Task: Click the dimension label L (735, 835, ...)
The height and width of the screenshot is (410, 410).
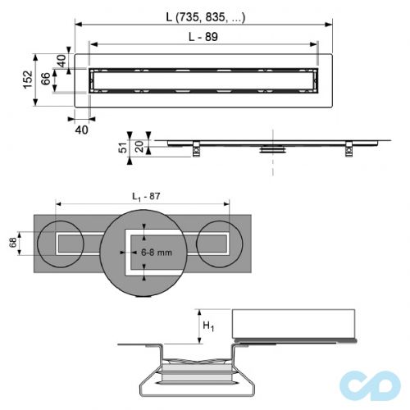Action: pyautogui.click(x=204, y=15)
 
